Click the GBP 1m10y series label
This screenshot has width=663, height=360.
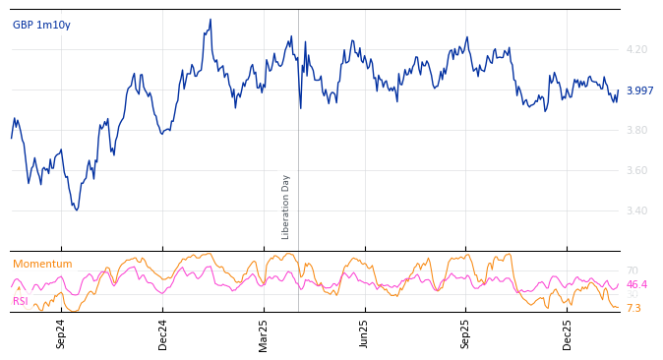41,25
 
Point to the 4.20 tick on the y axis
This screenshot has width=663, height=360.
636,49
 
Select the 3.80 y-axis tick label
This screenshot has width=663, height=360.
636,130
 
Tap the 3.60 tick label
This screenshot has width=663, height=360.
636,170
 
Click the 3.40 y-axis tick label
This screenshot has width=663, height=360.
636,210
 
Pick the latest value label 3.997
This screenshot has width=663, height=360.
639,90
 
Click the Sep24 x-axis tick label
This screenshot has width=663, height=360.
61,333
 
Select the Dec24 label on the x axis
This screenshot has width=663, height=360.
163,333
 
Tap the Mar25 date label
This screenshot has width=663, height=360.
264,333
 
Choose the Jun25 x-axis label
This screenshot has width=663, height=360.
365,333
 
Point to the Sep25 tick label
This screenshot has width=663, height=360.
466,333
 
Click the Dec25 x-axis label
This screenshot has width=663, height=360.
568,333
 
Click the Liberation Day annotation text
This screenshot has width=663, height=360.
286,207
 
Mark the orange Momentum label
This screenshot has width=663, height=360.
42,264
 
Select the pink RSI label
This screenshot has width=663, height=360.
21,301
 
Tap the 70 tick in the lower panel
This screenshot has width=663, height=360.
632,270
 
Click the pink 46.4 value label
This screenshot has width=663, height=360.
636,284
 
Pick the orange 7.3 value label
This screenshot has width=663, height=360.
633,308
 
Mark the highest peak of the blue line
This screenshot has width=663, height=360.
210,20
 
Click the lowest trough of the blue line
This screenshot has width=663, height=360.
76,210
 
